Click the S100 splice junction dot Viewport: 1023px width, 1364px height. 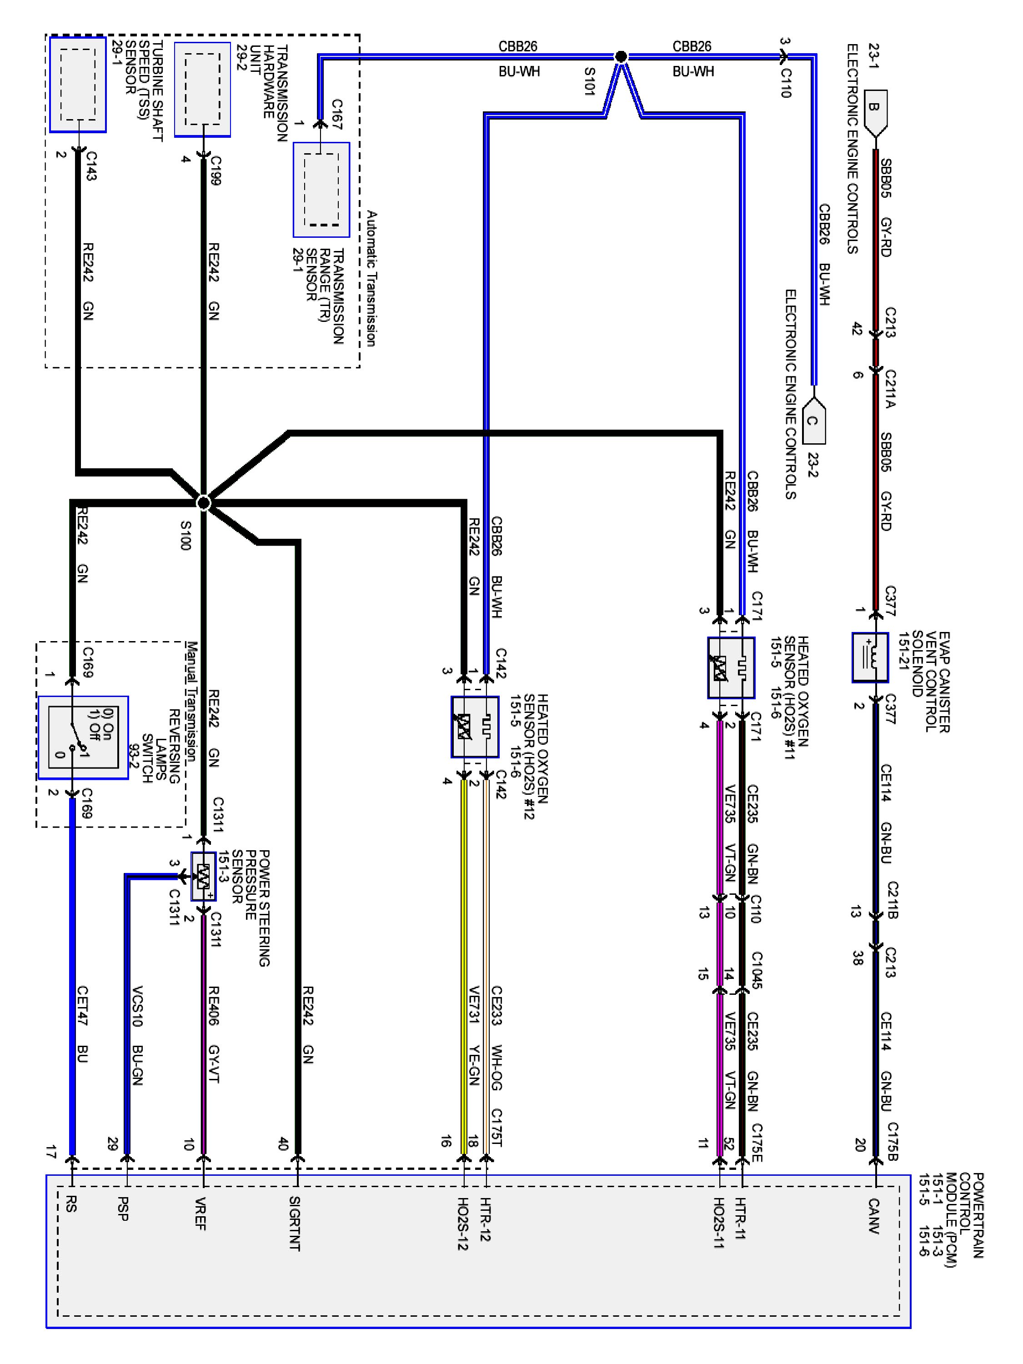point(204,503)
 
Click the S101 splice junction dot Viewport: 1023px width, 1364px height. point(621,57)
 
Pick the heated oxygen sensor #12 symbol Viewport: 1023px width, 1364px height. point(474,727)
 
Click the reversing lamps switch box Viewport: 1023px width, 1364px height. point(83,737)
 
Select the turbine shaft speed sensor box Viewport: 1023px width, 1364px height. point(78,85)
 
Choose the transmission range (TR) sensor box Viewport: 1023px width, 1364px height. point(321,190)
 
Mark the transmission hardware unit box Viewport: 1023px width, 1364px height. point(202,90)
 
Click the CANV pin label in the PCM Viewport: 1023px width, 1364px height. point(873,1215)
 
